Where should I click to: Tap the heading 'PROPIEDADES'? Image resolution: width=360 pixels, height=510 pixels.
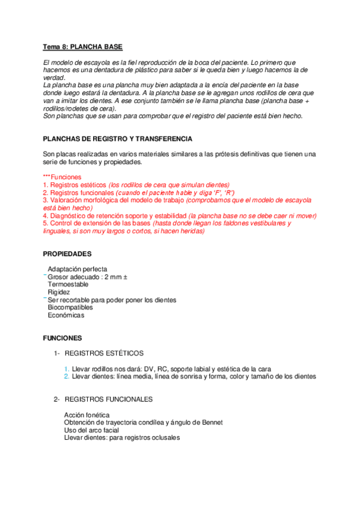point(67,254)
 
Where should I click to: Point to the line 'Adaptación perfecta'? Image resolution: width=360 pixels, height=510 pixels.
point(78,269)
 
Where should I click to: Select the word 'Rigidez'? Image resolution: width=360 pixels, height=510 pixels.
point(59,292)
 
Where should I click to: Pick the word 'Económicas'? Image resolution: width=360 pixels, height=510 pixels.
point(66,315)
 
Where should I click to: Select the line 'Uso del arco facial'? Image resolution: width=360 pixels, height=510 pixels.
point(91,430)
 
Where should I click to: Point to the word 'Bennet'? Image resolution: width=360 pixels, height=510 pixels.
point(211,423)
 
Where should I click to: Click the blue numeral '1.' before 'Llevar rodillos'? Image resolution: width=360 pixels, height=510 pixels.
point(67,369)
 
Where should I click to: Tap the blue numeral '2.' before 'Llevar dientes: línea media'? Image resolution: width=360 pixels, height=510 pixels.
point(67,376)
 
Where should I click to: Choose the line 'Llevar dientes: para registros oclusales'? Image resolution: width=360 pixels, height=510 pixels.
point(122,438)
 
